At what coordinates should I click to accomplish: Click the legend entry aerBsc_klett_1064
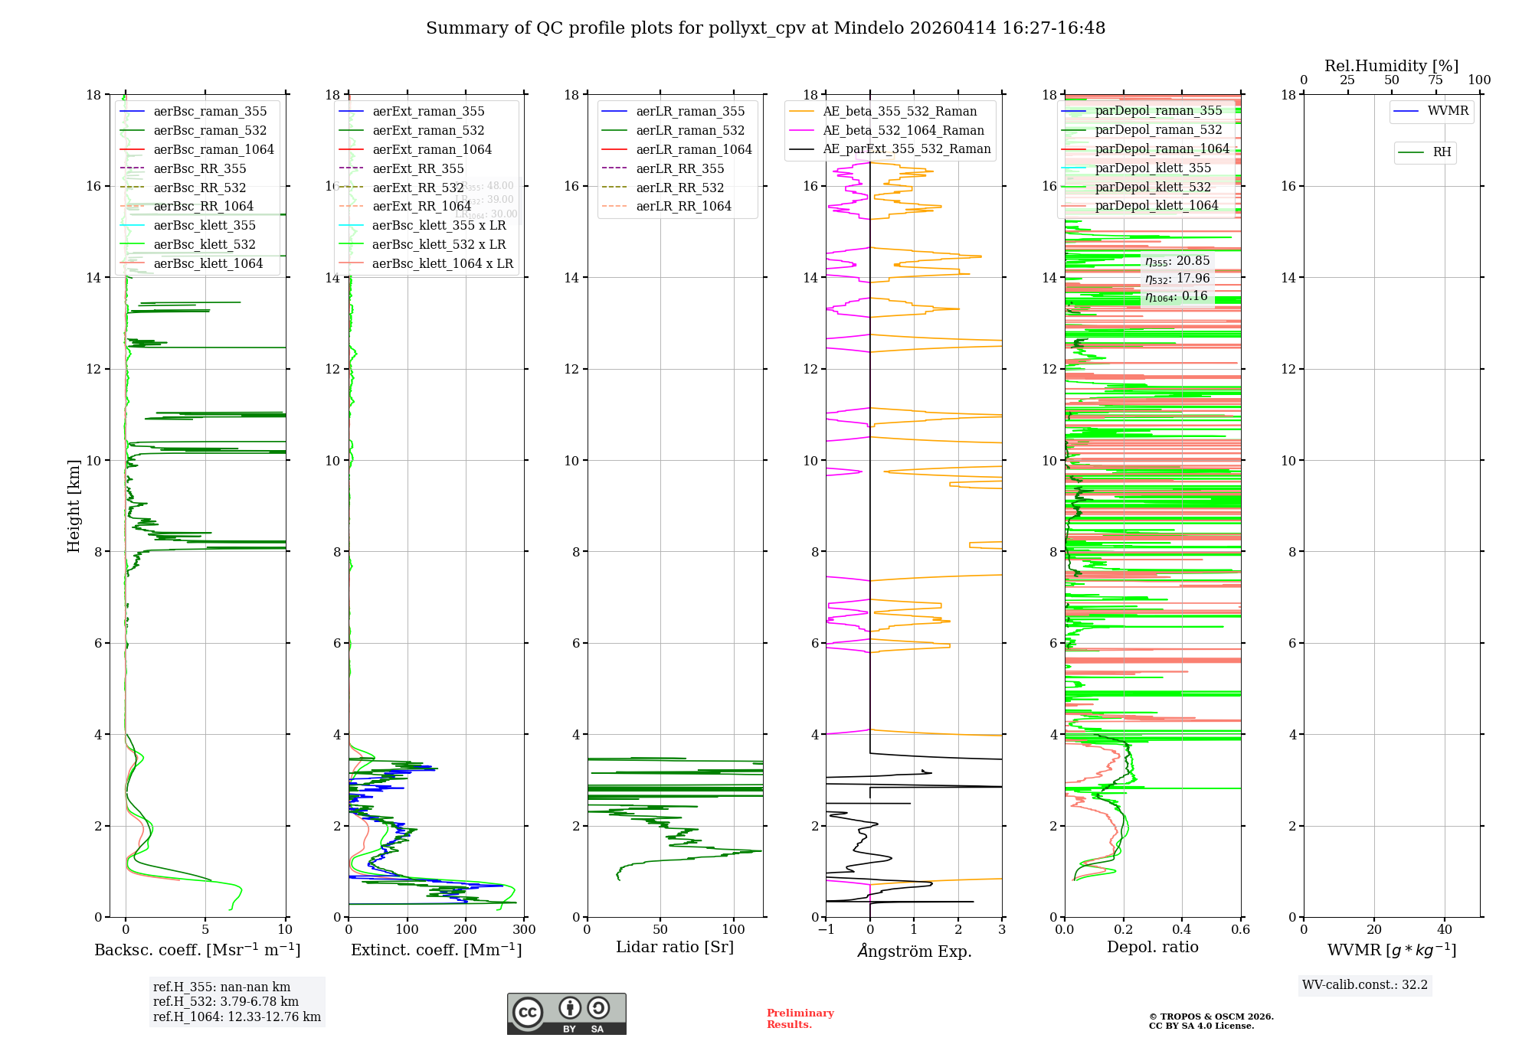tap(208, 263)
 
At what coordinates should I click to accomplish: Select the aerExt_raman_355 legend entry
tap(428, 112)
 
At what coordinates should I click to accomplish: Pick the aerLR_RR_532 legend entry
tap(679, 188)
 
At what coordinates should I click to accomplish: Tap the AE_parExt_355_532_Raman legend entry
tap(906, 149)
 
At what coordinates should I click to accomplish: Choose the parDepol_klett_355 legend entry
tap(1153, 168)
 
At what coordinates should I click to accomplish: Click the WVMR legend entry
tap(1448, 111)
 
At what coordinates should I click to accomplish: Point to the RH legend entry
tap(1442, 152)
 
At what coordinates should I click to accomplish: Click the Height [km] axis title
tap(74, 505)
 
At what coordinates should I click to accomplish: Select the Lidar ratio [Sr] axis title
tap(675, 947)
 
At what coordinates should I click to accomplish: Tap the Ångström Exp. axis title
tap(914, 951)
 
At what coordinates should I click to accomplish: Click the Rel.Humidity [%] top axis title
tap(1391, 66)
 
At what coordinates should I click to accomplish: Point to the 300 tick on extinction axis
tap(524, 929)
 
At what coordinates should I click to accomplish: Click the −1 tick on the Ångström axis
tap(826, 929)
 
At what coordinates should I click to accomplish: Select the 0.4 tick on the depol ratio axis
tap(1182, 929)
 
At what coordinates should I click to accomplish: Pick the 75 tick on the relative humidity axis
tap(1435, 80)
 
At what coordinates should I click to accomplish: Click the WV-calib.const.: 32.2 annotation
tap(1364, 984)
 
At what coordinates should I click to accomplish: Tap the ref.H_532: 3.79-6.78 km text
tap(225, 1001)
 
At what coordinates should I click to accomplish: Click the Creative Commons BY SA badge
tap(566, 1013)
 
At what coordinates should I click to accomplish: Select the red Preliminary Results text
tap(800, 1018)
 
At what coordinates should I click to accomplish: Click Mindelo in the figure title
tap(869, 28)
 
